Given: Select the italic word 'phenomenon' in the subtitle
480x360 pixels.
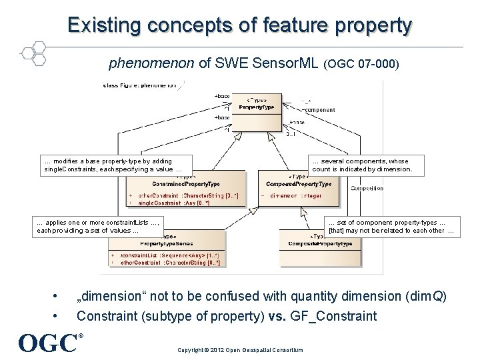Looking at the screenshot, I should pos(151,64).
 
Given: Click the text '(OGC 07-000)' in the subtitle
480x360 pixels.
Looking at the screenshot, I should pos(361,65).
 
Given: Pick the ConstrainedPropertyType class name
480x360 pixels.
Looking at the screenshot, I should pos(186,183).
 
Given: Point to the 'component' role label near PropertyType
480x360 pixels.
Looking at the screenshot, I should pos(319,110).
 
